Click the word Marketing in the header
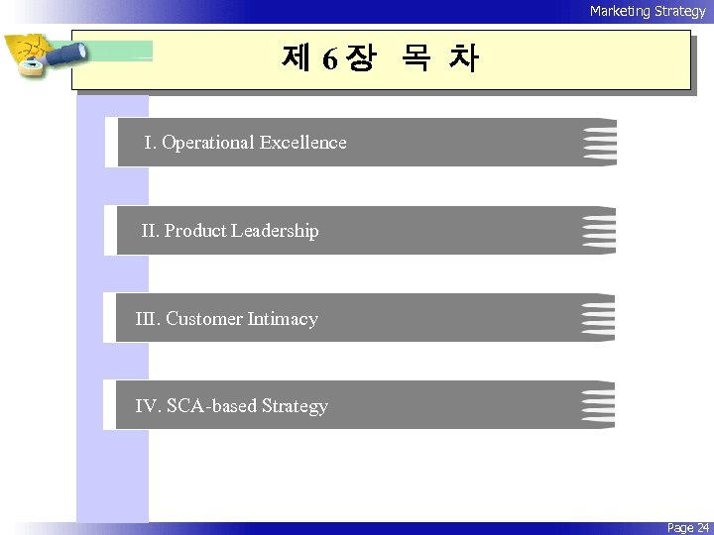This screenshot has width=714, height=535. click(x=619, y=11)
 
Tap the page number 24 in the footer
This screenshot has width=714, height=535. click(x=702, y=528)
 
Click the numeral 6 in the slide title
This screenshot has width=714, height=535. click(x=328, y=60)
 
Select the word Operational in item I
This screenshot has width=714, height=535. click(x=207, y=143)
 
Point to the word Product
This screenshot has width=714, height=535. click(x=195, y=231)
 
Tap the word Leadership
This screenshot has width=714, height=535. click(x=275, y=231)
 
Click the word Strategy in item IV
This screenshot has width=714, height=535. click(x=295, y=406)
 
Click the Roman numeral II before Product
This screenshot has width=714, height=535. click(x=150, y=231)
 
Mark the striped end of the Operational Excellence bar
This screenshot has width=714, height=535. click(x=600, y=143)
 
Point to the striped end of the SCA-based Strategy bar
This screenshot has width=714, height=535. click(x=598, y=405)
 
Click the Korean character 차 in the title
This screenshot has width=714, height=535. click(x=462, y=59)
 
